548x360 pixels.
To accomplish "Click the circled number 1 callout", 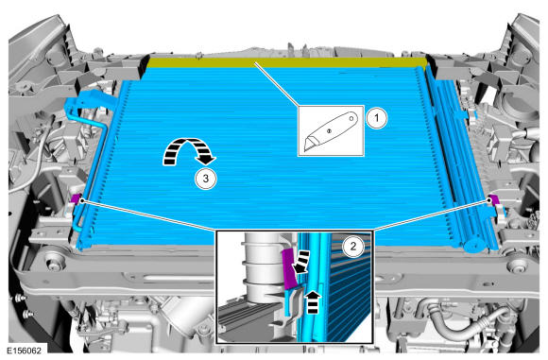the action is click(376, 118).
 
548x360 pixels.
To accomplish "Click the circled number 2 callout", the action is click(353, 247).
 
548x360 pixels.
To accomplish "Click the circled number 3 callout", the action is click(206, 179).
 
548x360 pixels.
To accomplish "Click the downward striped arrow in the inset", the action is click(300, 262).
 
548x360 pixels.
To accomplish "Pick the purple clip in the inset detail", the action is click(289, 269).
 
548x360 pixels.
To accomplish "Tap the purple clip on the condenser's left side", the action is click(77, 198).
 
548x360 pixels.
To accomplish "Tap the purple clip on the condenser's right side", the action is click(494, 199).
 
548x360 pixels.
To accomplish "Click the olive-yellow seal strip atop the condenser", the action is click(286, 62).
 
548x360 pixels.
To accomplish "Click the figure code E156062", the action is click(24, 350).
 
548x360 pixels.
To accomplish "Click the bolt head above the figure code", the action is click(21, 298).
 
